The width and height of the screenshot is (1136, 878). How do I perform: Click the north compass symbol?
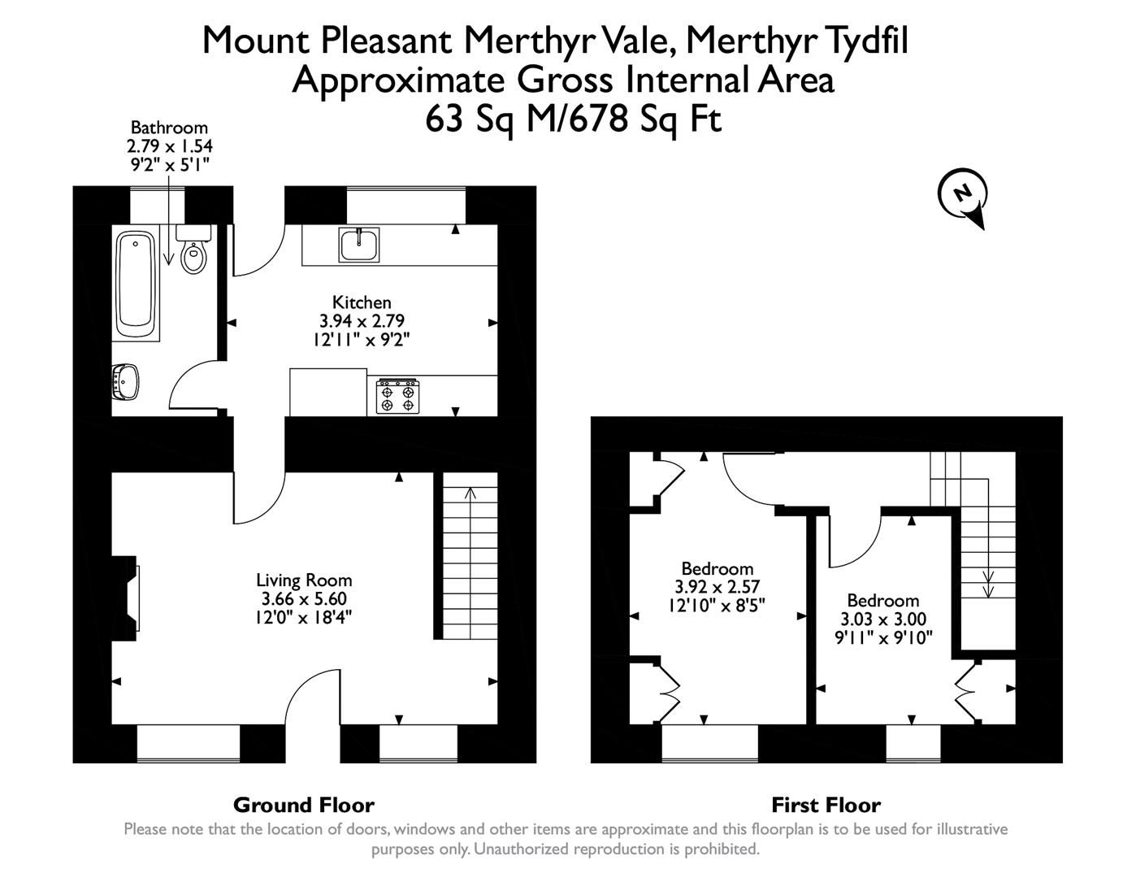coord(963,196)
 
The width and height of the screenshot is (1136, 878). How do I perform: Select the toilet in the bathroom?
coord(194,252)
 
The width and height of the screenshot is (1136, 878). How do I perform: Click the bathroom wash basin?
coord(126,380)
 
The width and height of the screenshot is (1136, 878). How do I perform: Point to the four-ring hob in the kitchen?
coord(397,396)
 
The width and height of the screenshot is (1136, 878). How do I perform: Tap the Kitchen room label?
coord(362,302)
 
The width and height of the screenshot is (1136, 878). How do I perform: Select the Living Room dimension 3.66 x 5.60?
coord(304,599)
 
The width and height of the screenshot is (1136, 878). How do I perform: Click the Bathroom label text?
coord(169,128)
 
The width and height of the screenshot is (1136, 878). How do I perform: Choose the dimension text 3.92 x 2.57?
coord(717,587)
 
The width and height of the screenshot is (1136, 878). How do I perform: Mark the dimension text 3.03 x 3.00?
coord(882,619)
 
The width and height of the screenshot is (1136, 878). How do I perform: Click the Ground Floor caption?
coord(303,806)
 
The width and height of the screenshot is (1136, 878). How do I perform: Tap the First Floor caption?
coord(826,806)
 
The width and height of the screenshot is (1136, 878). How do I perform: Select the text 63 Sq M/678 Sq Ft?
coord(573,120)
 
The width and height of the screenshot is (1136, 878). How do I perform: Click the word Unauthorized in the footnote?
coord(520,850)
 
